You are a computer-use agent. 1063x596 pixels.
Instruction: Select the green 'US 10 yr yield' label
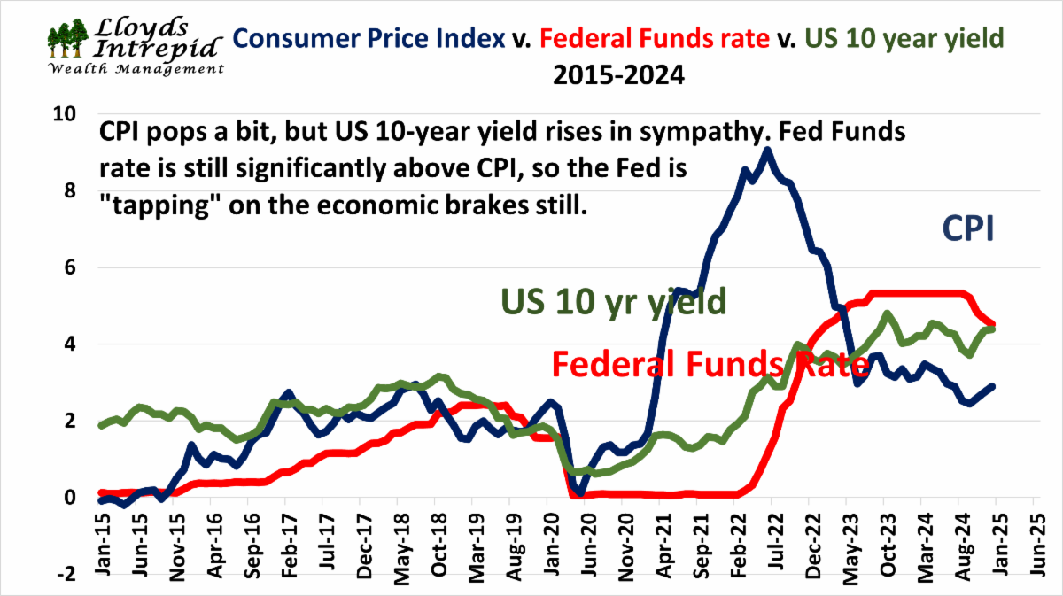[x=614, y=302]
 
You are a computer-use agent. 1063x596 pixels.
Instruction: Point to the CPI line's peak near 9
[x=767, y=151]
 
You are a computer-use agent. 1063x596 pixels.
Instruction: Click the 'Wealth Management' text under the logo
[x=135, y=68]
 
